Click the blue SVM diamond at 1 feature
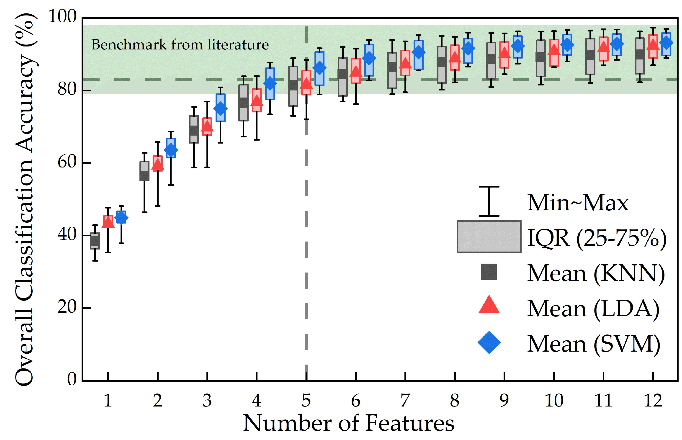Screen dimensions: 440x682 (121, 218)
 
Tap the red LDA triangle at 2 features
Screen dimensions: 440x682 (157, 164)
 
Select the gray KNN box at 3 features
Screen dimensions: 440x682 (194, 129)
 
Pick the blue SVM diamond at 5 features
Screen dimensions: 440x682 (319, 68)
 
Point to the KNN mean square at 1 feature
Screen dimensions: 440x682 (95, 241)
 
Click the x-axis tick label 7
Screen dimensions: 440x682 (405, 400)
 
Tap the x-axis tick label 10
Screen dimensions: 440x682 (554, 400)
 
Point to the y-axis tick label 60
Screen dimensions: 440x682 (67, 162)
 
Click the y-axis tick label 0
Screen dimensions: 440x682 (72, 379)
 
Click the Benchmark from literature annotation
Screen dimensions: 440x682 (180, 45)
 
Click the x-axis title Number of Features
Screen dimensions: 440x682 (349, 423)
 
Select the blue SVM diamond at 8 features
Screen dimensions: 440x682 (468, 49)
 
